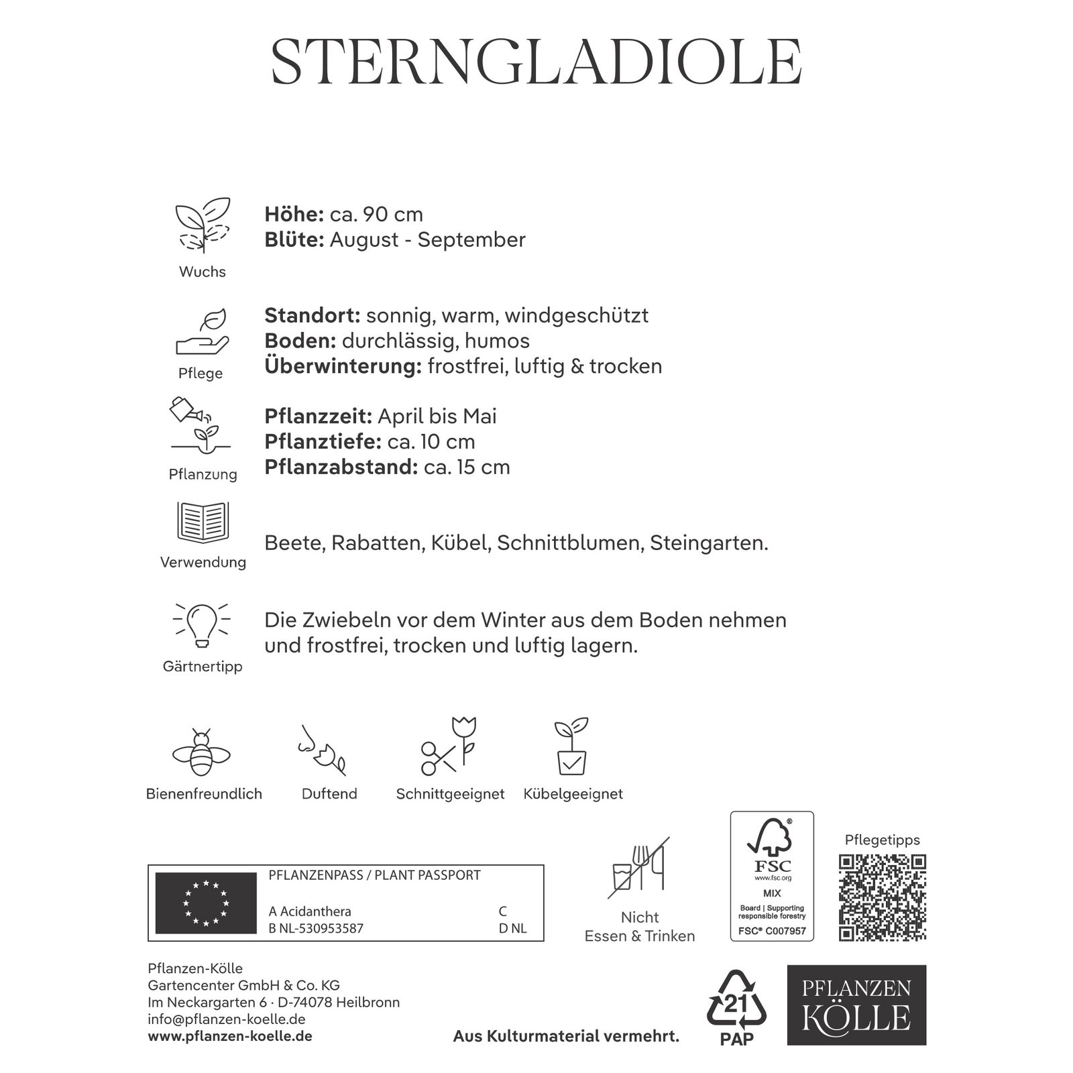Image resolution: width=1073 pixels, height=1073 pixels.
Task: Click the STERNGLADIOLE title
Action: [x=536, y=62]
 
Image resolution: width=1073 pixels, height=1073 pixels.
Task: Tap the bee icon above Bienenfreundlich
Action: [x=202, y=752]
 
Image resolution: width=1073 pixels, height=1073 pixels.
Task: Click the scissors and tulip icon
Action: [x=448, y=746]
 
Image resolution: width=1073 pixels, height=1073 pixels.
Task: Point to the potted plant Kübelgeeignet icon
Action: [x=571, y=746]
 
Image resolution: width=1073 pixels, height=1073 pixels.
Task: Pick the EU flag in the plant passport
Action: [x=206, y=903]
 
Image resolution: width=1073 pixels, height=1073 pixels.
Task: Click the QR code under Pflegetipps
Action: [x=883, y=897]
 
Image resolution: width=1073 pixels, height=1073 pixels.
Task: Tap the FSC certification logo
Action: [x=772, y=875]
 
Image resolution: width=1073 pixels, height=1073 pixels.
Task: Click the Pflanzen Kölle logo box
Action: [x=856, y=1005]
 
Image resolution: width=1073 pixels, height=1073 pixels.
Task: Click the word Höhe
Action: [x=294, y=215]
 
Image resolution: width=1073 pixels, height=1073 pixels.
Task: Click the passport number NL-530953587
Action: [x=321, y=929]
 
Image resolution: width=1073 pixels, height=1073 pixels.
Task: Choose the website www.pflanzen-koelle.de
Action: [x=230, y=1036]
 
